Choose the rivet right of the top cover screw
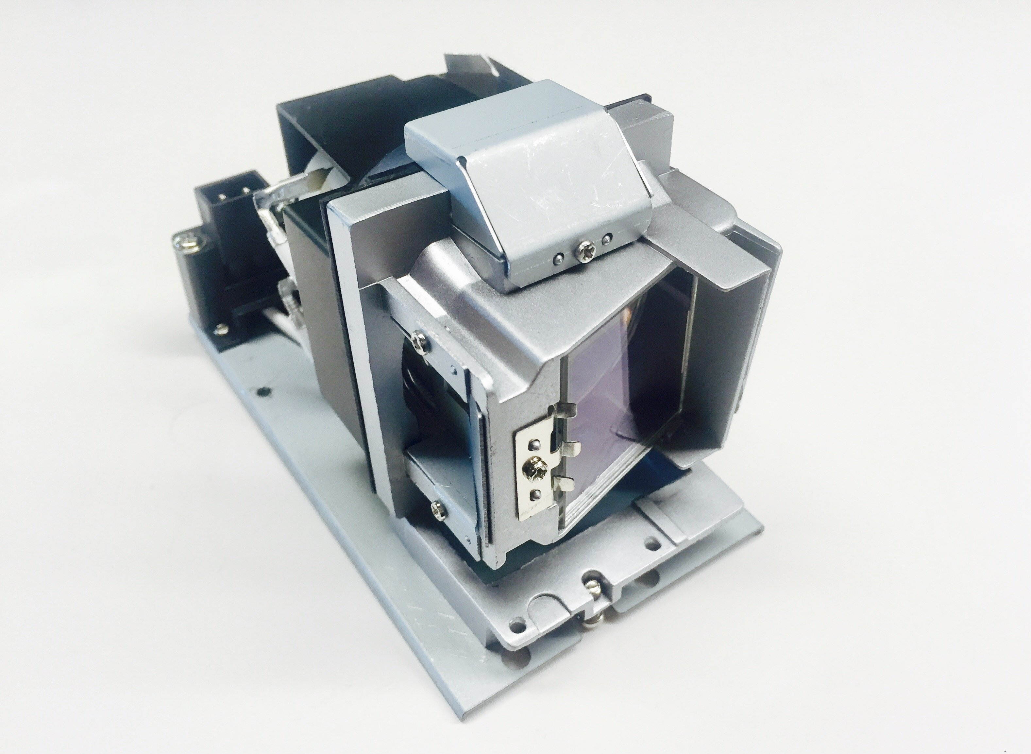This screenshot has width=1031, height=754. (x=607, y=238)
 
